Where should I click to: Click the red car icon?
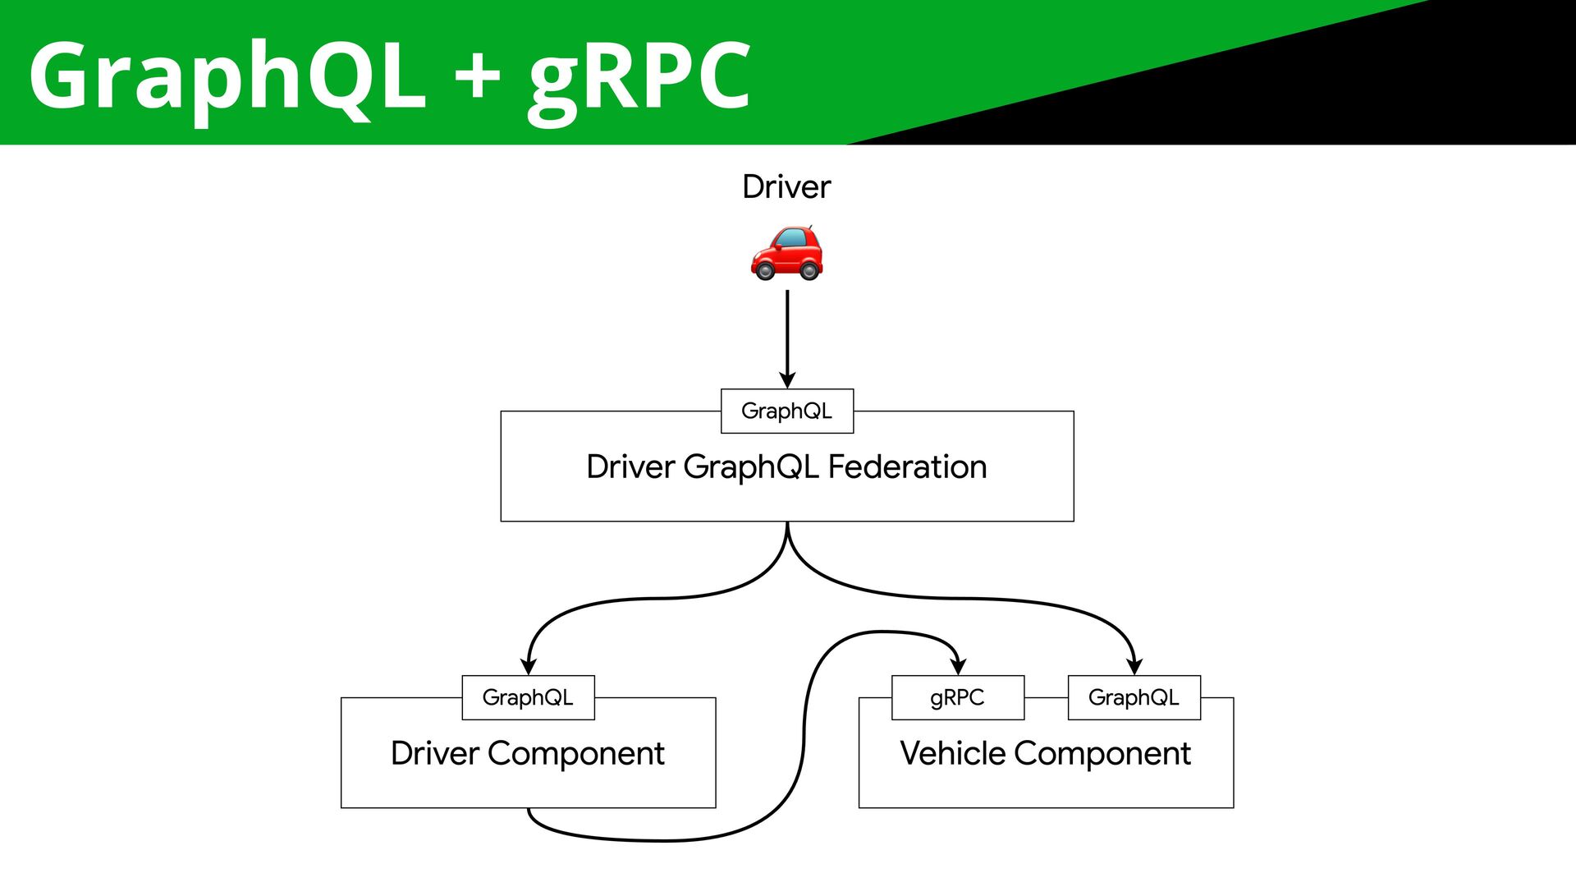[x=786, y=252]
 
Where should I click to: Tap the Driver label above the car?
[x=786, y=187]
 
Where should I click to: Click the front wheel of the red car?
[x=765, y=269]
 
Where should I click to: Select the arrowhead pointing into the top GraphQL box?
[x=787, y=379]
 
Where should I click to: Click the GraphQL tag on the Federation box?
[x=787, y=411]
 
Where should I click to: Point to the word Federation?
[x=907, y=466]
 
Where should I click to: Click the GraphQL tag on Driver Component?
[x=528, y=697]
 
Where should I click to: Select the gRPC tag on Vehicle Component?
[x=958, y=697]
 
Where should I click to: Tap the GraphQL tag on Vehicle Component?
[x=1134, y=697]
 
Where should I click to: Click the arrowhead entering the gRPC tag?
[x=958, y=665]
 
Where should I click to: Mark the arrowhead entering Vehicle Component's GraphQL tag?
[x=1134, y=665]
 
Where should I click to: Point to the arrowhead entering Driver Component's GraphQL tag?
[x=529, y=665]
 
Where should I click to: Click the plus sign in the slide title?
[x=478, y=76]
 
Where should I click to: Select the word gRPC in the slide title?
[x=639, y=80]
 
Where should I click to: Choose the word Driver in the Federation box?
[x=630, y=466]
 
